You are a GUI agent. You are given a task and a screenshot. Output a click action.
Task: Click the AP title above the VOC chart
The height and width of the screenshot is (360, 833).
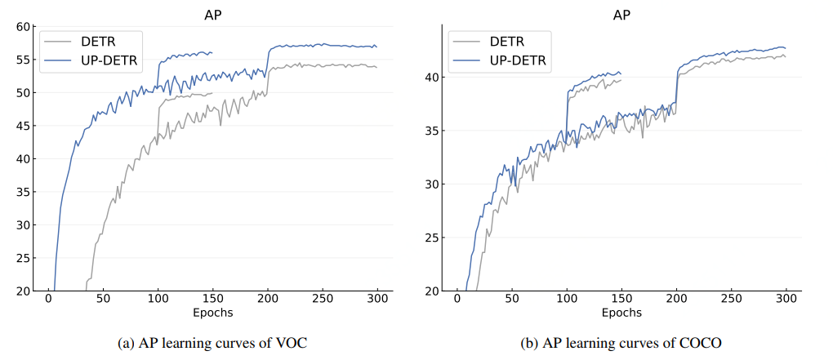coord(212,14)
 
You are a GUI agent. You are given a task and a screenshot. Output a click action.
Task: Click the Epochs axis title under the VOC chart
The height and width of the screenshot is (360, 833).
coord(212,313)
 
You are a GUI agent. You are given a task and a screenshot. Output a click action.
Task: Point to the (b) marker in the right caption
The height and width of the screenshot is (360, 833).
coord(529,343)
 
